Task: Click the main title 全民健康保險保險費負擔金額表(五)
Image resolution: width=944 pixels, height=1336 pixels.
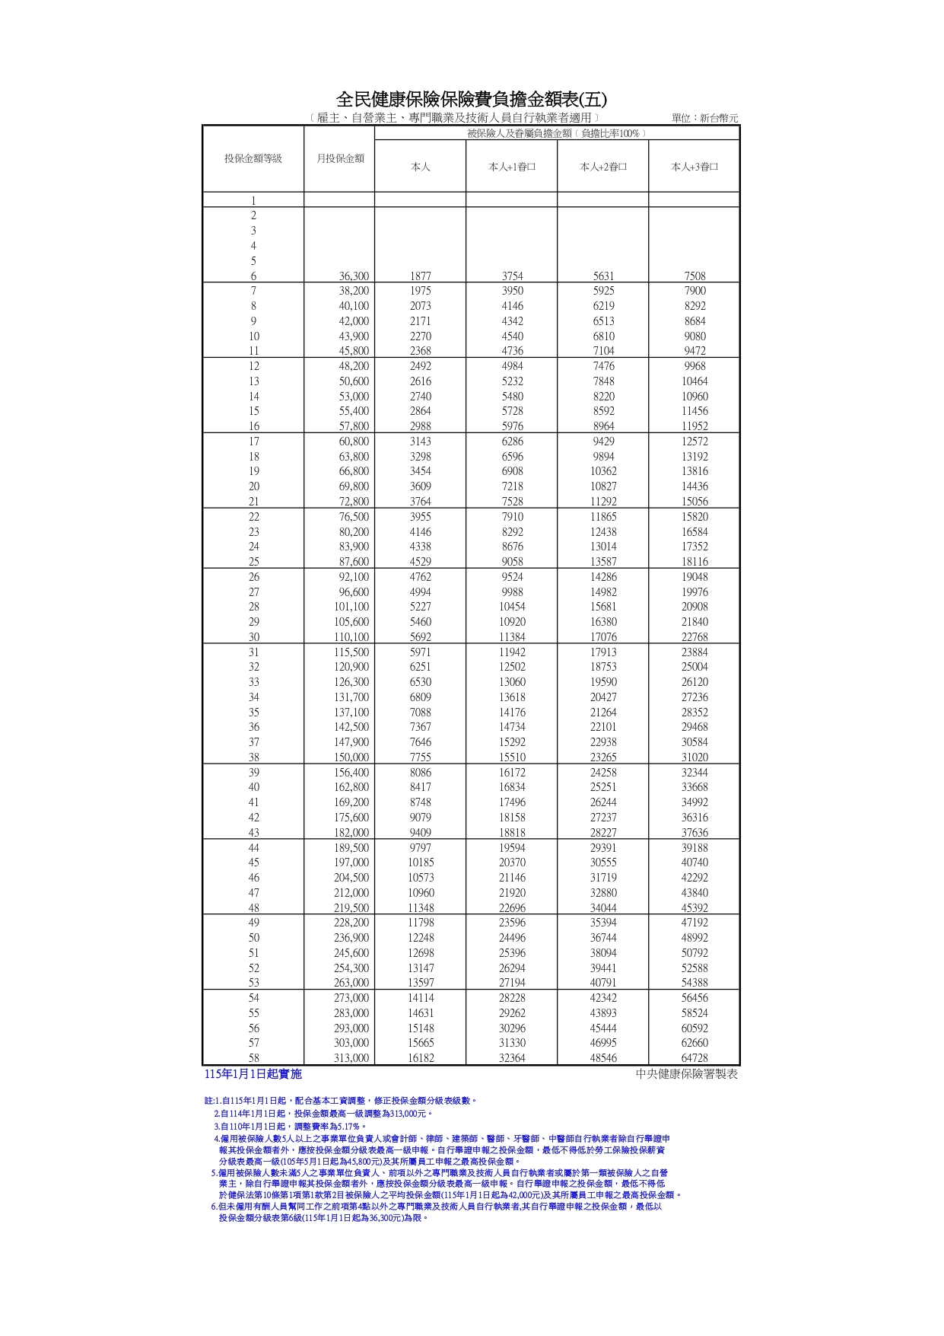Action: [472, 100]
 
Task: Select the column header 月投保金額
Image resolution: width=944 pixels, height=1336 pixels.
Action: [340, 158]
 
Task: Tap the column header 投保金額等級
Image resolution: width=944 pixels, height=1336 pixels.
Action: [253, 158]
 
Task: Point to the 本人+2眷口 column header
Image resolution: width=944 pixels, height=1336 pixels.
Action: [603, 167]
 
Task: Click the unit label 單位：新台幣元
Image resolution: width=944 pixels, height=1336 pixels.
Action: [704, 118]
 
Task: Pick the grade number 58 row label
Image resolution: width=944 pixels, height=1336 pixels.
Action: [254, 1058]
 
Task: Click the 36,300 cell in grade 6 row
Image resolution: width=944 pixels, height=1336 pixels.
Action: [354, 276]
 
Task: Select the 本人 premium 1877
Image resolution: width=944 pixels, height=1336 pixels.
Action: [420, 276]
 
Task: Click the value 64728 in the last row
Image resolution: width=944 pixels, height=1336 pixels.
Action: [694, 1058]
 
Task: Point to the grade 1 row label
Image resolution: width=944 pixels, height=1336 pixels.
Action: [254, 201]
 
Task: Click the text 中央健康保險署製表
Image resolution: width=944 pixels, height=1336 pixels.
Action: [687, 1074]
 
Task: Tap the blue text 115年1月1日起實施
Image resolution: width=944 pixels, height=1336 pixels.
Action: [253, 1074]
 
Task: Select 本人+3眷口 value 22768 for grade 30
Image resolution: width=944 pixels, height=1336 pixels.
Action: [694, 637]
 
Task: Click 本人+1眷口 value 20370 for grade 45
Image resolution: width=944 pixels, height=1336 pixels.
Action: [512, 863]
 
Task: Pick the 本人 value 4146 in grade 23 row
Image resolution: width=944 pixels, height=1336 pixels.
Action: [420, 532]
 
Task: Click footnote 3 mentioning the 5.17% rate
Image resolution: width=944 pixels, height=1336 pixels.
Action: [290, 1126]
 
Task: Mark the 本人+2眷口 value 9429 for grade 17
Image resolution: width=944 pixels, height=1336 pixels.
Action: [603, 442]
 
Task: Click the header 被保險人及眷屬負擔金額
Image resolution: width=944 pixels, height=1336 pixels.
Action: [557, 133]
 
